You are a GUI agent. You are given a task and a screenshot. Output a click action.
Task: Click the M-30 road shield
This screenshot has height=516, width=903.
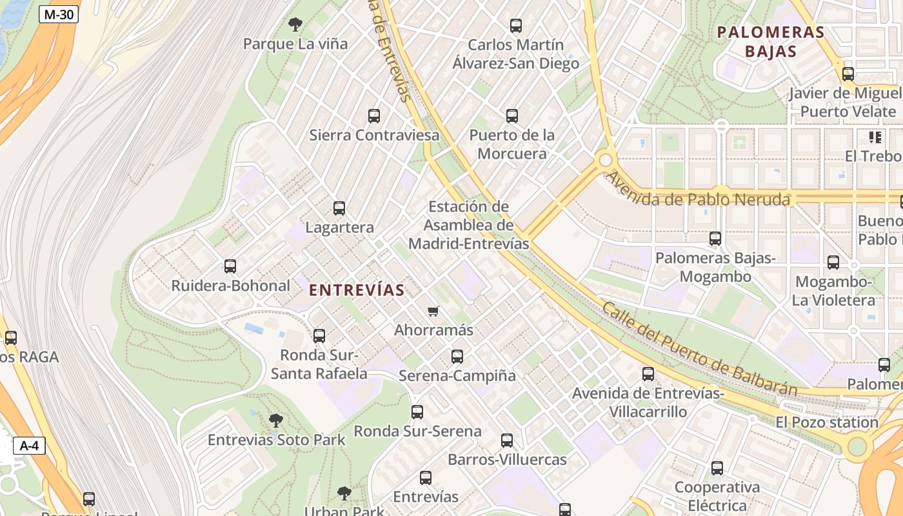[x=58, y=14]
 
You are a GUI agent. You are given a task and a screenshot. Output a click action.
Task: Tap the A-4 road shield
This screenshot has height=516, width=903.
[x=29, y=445]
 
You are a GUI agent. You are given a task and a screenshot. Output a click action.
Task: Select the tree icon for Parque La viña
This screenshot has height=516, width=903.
[x=295, y=25]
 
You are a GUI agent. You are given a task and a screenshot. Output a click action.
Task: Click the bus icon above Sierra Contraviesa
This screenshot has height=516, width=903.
[x=374, y=116]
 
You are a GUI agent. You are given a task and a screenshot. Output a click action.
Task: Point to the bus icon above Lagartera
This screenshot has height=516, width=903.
[x=339, y=208]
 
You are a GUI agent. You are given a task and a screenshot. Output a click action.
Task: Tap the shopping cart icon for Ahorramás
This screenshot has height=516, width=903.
[x=433, y=311]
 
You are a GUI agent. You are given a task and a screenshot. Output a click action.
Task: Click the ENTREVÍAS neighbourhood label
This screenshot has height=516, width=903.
[x=357, y=290]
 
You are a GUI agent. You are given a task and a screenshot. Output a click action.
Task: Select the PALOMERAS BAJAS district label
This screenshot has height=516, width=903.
[x=771, y=41]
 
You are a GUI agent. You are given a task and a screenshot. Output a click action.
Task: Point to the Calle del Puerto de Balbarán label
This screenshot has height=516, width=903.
[x=700, y=349]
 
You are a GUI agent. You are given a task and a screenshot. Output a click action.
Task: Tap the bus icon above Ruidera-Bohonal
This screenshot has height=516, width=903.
[x=230, y=266]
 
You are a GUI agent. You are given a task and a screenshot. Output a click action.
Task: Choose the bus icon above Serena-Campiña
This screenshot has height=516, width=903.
[x=457, y=356]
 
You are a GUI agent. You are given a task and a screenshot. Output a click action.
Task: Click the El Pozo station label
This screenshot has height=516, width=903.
[x=827, y=422]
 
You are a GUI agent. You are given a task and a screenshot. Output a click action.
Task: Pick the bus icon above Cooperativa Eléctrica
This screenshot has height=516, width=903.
[x=717, y=468]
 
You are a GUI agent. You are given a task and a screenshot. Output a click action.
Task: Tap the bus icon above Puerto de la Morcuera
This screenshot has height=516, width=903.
[x=512, y=116]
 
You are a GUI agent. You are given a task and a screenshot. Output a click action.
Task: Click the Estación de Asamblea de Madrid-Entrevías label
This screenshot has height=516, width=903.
[x=469, y=225]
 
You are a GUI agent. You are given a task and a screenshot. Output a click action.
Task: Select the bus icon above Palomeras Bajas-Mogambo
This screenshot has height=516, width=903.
[x=715, y=239]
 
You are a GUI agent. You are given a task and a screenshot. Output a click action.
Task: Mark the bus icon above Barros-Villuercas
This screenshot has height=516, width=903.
[x=507, y=441]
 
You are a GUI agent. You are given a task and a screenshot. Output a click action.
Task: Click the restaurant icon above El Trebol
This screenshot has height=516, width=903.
[x=875, y=137]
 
